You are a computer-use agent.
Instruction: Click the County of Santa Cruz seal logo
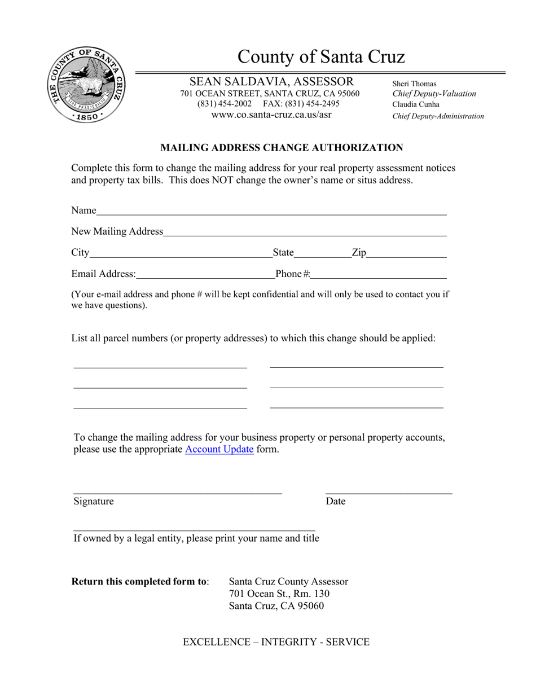(x=86, y=85)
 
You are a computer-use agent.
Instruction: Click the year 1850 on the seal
(x=86, y=117)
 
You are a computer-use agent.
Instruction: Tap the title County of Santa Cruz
(x=320, y=57)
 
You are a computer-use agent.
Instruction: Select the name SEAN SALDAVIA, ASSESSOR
(x=271, y=82)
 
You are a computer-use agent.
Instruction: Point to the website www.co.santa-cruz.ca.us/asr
(x=271, y=115)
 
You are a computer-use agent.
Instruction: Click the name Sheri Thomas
(x=414, y=84)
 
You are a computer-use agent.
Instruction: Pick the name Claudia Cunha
(x=416, y=104)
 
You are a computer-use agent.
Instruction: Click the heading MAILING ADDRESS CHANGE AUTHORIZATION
(x=282, y=148)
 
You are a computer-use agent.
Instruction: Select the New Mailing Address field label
(x=117, y=231)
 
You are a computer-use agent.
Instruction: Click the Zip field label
(x=359, y=252)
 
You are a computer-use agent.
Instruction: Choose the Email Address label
(x=104, y=274)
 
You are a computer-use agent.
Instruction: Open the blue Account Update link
(x=219, y=450)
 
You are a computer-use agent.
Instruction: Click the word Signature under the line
(x=94, y=502)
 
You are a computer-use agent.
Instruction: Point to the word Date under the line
(x=336, y=502)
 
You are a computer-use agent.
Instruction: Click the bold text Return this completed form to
(x=139, y=582)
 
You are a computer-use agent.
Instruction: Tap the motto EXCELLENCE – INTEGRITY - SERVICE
(x=276, y=642)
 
